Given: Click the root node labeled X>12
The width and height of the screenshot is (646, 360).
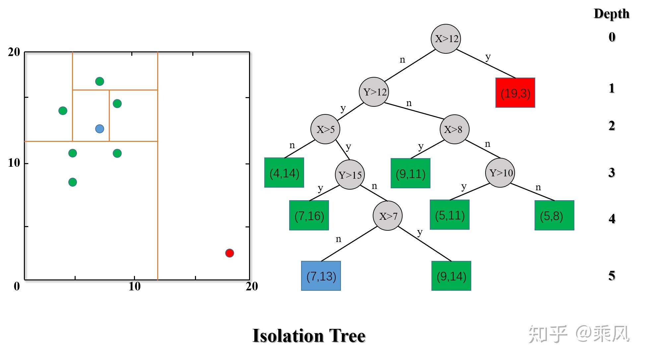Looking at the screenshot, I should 446,39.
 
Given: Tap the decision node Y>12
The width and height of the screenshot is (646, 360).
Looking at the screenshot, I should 374,92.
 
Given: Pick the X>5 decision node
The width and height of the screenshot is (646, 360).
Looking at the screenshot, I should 325,129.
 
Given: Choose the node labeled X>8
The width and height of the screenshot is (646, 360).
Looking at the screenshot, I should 454,129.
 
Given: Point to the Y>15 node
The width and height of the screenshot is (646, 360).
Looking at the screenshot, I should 350,175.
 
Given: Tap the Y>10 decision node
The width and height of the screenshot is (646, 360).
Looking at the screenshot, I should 500,173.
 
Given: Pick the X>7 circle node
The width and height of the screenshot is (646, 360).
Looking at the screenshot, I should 388,216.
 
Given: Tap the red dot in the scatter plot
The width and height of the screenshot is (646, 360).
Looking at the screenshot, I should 229,253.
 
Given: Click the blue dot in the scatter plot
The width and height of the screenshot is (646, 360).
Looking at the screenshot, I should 99,129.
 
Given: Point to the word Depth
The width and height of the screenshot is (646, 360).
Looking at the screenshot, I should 611,14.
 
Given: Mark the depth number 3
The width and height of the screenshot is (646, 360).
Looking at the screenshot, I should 612,173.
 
